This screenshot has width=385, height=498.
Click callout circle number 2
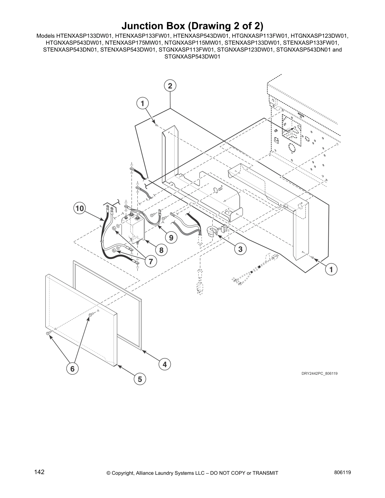click(x=170, y=86)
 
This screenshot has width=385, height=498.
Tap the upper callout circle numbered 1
click(x=142, y=103)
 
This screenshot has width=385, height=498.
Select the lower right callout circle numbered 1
click(x=331, y=269)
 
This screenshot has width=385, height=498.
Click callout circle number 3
click(x=240, y=249)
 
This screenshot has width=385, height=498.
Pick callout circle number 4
click(x=165, y=364)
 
